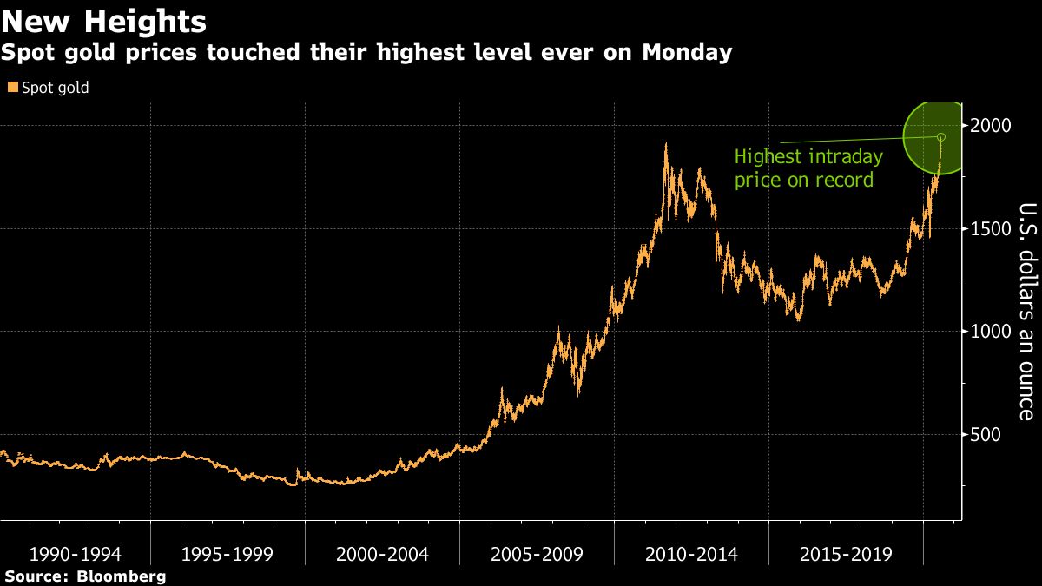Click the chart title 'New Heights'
[104, 20]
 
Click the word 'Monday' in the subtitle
[687, 54]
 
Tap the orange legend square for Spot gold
[12, 88]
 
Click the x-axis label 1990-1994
[74, 554]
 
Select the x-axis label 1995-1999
[228, 554]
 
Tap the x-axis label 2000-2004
[383, 554]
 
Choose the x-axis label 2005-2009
[537, 554]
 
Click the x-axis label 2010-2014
[692, 554]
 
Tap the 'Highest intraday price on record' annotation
[808, 168]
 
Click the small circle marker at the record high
[941, 137]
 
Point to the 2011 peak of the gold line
[666, 145]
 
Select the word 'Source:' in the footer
[38, 576]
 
